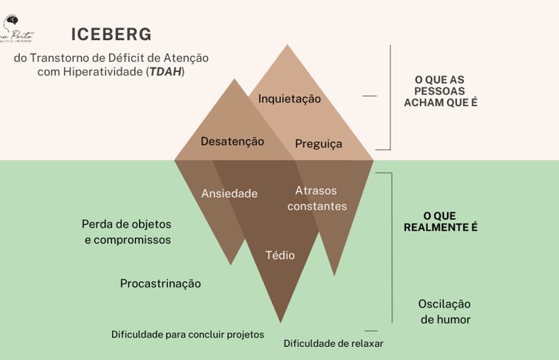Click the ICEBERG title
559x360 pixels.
click(111, 35)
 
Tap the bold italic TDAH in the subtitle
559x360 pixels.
click(165, 72)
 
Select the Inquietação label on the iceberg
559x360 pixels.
click(289, 98)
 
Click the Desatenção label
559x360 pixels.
click(232, 141)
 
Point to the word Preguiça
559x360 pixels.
click(318, 144)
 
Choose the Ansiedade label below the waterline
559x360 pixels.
click(229, 193)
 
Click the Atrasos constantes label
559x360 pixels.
click(317, 199)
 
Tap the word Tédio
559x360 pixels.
click(280, 255)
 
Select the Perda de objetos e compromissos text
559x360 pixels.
click(127, 231)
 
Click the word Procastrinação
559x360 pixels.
click(160, 284)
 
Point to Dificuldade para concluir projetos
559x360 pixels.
click(187, 335)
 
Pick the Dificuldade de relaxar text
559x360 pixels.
click(333, 343)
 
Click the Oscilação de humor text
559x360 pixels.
click(444, 311)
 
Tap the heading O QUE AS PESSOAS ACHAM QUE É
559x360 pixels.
click(440, 91)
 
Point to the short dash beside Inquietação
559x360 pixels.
click(369, 96)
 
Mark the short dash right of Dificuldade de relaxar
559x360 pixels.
click(371, 331)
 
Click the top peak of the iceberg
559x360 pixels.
click(288, 45)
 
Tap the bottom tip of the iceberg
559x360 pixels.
click(280, 322)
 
